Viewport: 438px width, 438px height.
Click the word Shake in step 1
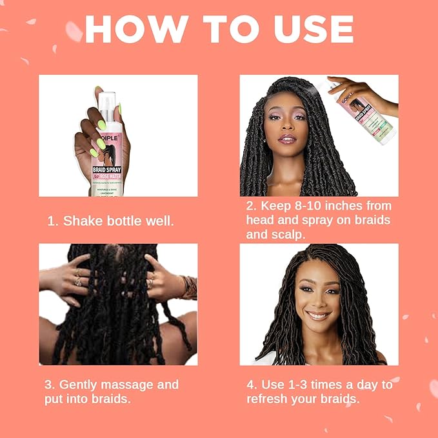click(82, 221)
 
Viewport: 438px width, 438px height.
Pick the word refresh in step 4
click(268, 399)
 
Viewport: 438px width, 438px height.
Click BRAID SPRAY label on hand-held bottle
click(103, 171)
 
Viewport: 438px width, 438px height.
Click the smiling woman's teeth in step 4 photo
click(318, 315)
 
